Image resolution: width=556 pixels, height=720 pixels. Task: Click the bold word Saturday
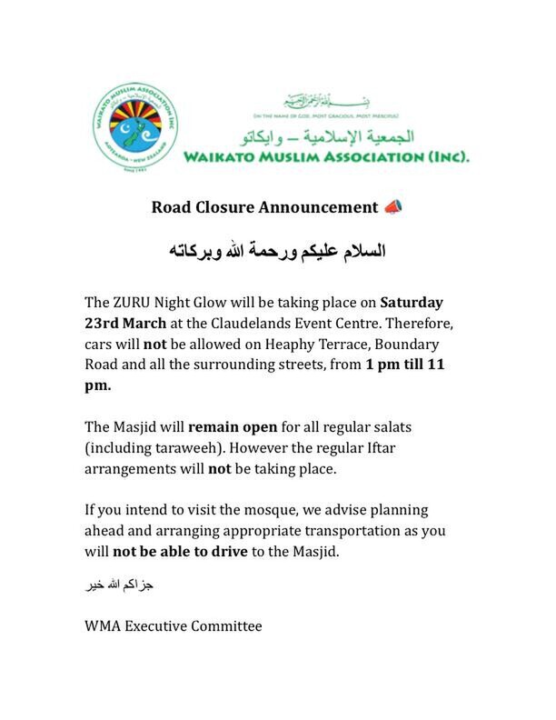point(412,302)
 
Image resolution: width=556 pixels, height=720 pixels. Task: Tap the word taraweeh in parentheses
point(194,448)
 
